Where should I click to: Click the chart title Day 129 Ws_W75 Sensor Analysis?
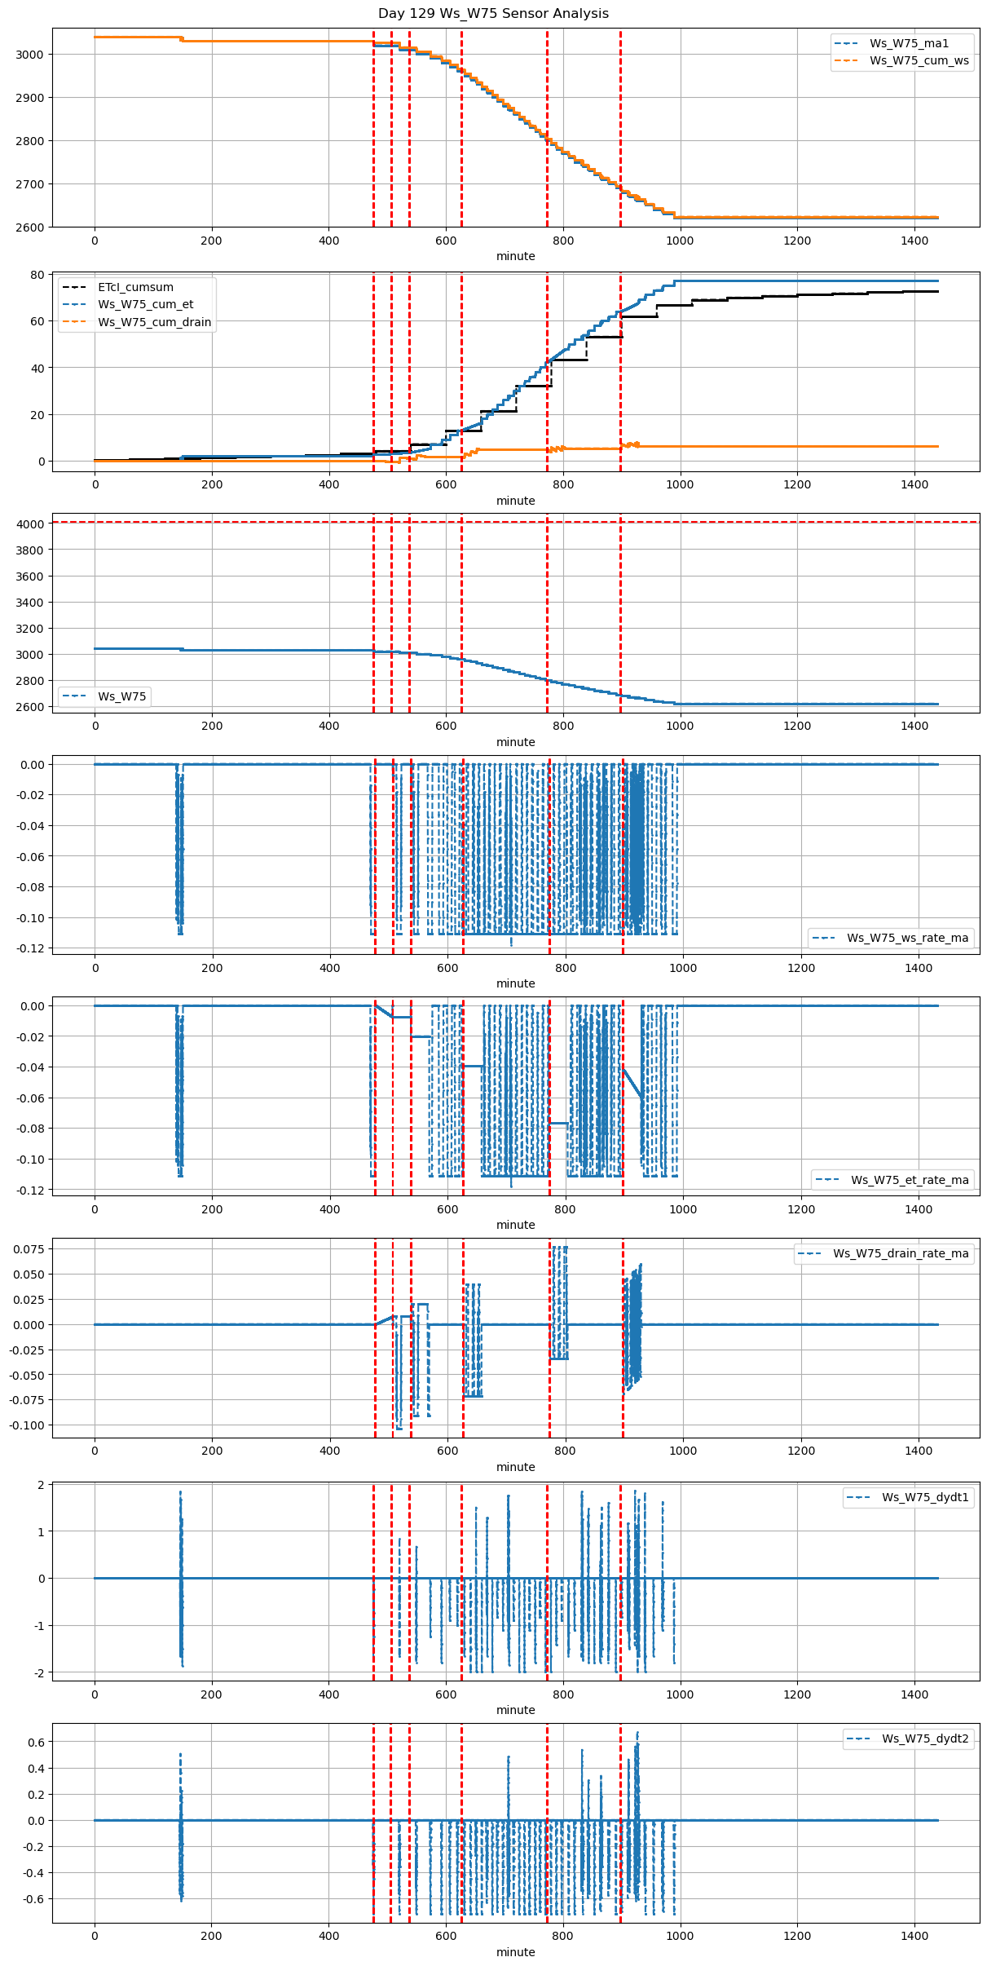pyautogui.click(x=493, y=13)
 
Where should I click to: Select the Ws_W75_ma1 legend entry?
pyautogui.click(x=909, y=43)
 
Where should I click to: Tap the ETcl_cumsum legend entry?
pyautogui.click(x=135, y=287)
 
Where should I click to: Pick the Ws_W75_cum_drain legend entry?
pyautogui.click(x=154, y=322)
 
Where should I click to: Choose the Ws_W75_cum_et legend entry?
pyautogui.click(x=145, y=304)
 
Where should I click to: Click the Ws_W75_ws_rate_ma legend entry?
pyautogui.click(x=907, y=938)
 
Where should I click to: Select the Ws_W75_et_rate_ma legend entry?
pyautogui.click(x=910, y=1180)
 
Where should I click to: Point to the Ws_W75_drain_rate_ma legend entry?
pyautogui.click(x=901, y=1253)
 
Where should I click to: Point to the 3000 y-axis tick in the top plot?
pyautogui.click(x=30, y=55)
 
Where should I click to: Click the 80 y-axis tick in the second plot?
pyautogui.click(x=37, y=275)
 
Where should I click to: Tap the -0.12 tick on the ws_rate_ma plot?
pyautogui.click(x=30, y=948)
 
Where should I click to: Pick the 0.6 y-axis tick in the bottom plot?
pyautogui.click(x=36, y=1742)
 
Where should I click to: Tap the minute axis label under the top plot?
pyautogui.click(x=516, y=256)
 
